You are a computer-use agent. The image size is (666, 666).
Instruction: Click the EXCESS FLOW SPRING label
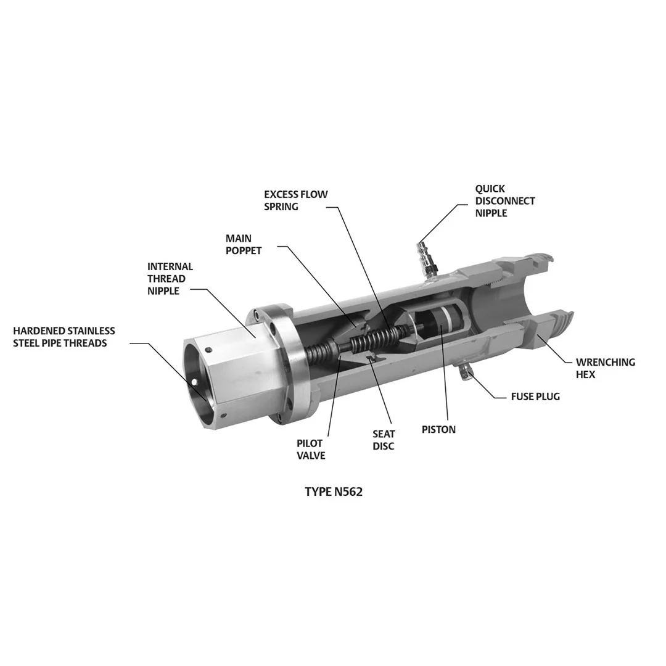[x=296, y=200]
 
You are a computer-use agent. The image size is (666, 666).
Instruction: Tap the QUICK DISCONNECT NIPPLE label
[x=504, y=200]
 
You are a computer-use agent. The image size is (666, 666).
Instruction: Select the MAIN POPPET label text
[x=243, y=244]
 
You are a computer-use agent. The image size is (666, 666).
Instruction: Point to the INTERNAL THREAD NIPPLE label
[x=170, y=279]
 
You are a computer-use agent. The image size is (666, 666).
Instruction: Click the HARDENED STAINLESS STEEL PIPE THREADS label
[x=64, y=337]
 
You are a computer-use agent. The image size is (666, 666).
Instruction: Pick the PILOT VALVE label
[x=310, y=449]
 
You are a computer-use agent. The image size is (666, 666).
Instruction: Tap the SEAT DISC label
[x=384, y=440]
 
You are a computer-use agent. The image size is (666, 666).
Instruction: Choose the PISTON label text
[x=438, y=429]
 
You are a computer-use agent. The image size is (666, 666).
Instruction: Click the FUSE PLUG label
[x=535, y=397]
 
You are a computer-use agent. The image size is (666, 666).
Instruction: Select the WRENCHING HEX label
[x=605, y=368]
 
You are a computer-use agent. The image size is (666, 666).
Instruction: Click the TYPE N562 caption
[x=333, y=492]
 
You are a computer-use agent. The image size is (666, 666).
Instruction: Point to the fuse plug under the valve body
[x=464, y=371]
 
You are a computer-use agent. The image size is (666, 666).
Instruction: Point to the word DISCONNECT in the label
[x=504, y=200]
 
